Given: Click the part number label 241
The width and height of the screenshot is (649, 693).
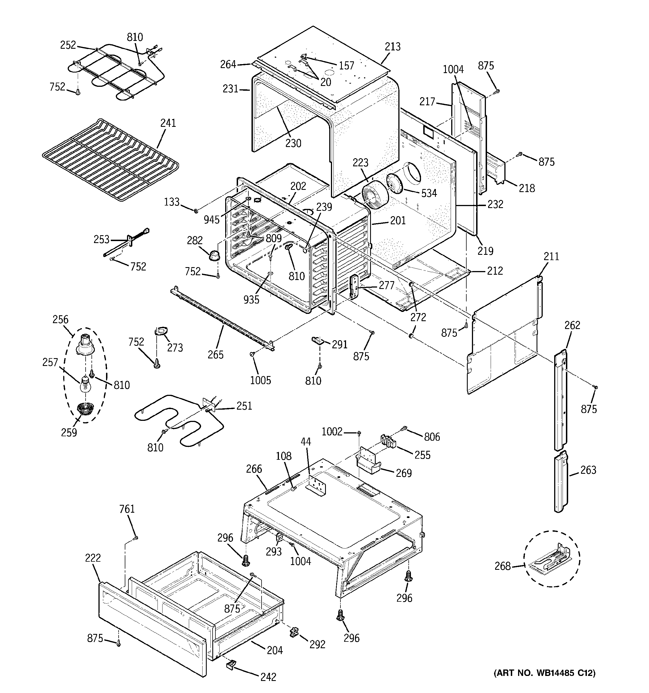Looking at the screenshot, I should point(168,123).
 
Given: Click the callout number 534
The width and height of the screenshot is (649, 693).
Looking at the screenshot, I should point(429,193).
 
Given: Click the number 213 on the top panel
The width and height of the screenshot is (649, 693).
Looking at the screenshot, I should point(392,46).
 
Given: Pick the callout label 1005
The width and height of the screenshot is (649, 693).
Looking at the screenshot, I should point(260,380).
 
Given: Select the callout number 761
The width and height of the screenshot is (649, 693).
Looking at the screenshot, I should point(127,509).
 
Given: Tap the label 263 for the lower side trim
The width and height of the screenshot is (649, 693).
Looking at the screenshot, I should point(588,470).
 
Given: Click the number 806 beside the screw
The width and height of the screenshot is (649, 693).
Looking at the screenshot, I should point(432,437).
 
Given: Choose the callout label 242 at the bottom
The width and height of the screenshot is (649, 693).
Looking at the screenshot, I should point(268,677).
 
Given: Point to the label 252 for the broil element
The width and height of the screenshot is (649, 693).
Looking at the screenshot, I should point(68,45).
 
